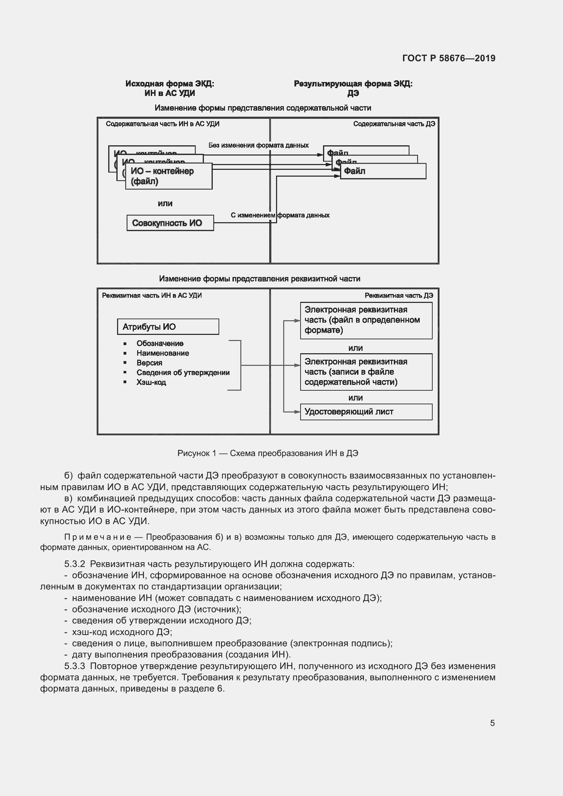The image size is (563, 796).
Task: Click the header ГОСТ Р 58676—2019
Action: [449, 58]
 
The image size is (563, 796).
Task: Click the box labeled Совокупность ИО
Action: [170, 223]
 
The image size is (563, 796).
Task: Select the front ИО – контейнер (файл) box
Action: [168, 176]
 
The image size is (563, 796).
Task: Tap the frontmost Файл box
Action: [383, 171]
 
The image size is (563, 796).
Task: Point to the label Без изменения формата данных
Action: [258, 145]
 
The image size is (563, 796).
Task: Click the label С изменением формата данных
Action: [280, 215]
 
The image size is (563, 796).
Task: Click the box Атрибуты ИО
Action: [168, 327]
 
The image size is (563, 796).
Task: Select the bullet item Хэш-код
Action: [151, 382]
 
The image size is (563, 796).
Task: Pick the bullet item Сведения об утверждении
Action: [183, 372]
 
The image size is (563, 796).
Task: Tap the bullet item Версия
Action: [149, 363]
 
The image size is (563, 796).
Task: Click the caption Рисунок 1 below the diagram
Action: [267, 453]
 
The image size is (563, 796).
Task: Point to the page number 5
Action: [492, 723]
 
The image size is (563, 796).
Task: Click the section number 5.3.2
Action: [75, 564]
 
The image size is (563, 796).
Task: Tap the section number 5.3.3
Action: [75, 666]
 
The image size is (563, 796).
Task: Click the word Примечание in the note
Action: [98, 537]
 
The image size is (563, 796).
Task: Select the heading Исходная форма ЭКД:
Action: [170, 84]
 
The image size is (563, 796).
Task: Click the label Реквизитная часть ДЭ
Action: [398, 295]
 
